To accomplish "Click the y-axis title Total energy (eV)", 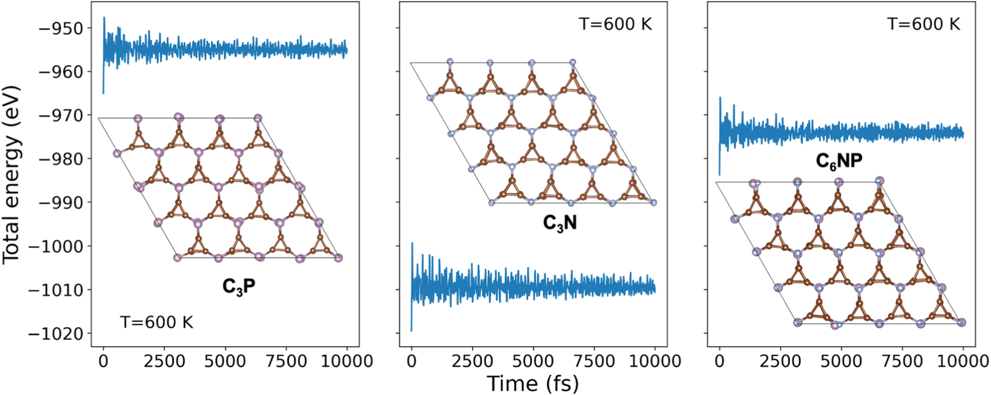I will click(12, 175).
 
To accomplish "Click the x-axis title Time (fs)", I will click(532, 383).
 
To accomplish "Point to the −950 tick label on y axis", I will click(60, 28).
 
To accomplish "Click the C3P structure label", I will click(239, 286).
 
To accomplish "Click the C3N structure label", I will click(559, 223).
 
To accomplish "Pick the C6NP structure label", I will click(839, 161).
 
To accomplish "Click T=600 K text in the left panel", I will click(157, 322).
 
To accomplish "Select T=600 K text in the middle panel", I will click(615, 24).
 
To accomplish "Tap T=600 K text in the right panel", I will click(924, 24).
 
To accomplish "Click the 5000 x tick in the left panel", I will click(225, 362).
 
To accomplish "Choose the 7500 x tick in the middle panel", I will click(594, 362).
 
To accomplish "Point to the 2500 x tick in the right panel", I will click(780, 362).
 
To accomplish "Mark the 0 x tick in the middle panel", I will click(411, 362).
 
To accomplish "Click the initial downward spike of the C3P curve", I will click(104, 86).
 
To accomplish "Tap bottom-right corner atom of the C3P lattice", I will click(338, 258).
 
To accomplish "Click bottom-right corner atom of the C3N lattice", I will click(653, 203).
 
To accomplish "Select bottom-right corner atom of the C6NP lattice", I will click(961, 322).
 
